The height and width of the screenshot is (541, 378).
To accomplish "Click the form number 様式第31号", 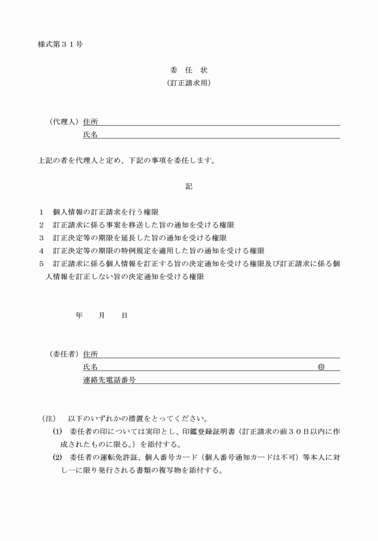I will click(x=60, y=46).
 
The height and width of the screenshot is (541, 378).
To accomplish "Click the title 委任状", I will click(x=188, y=71).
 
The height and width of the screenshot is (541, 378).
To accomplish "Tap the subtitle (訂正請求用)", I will click(x=188, y=84).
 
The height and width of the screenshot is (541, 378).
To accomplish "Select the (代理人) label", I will click(x=64, y=122).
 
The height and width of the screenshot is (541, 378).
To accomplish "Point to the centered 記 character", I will click(x=189, y=186).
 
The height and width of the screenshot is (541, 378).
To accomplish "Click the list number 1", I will click(x=41, y=212).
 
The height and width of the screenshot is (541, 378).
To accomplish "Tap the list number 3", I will click(x=41, y=238).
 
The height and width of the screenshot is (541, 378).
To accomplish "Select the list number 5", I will click(x=41, y=264).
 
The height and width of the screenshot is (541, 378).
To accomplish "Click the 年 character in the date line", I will click(x=79, y=315).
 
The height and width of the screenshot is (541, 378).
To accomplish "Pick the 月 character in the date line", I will click(x=102, y=315).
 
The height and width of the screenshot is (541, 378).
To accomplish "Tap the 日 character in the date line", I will click(x=124, y=315).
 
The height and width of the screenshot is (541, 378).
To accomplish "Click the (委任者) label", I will click(x=64, y=354).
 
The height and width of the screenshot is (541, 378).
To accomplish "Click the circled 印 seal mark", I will click(x=321, y=367).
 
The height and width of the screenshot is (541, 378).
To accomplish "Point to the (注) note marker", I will click(x=49, y=418).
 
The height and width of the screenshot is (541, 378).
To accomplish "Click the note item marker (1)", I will click(x=58, y=431).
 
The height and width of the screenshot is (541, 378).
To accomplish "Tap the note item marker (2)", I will click(x=58, y=458).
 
